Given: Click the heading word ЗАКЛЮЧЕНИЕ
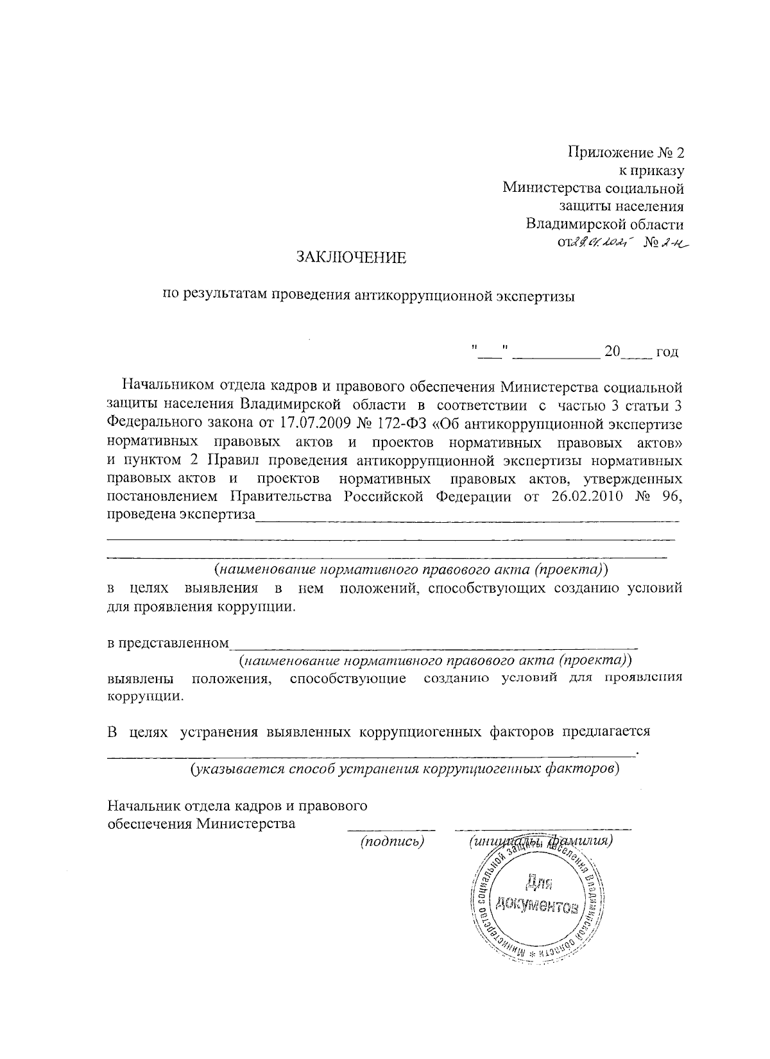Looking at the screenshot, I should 351,258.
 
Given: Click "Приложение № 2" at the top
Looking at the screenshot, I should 626,153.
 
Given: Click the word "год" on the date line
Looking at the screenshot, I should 667,352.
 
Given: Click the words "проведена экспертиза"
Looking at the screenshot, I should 180,514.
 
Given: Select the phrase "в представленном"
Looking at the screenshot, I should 167,643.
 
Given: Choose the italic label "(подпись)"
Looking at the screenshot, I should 393,840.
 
